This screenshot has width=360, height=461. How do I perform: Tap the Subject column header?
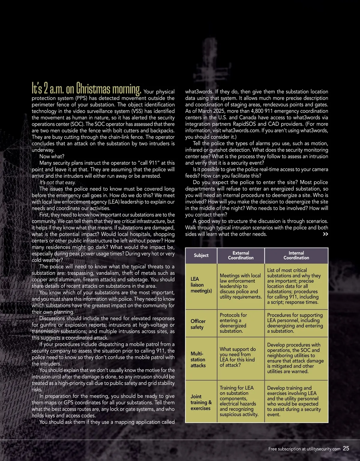(201, 255)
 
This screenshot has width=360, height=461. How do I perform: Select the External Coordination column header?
(241, 255)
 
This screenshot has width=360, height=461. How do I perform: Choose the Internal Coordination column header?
(296, 255)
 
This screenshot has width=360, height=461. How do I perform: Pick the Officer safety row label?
(198, 324)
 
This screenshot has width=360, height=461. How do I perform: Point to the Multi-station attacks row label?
(198, 360)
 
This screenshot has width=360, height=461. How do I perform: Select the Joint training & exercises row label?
(201, 402)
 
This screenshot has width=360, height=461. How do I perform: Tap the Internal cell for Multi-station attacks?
(295, 358)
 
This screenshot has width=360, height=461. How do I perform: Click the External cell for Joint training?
(239, 401)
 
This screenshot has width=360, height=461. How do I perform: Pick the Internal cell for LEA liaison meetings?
(295, 286)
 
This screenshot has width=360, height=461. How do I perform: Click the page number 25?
(346, 449)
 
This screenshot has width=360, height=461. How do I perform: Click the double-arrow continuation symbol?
(325, 234)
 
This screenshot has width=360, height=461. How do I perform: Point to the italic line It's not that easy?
(58, 182)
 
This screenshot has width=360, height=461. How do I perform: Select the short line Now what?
(52, 156)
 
